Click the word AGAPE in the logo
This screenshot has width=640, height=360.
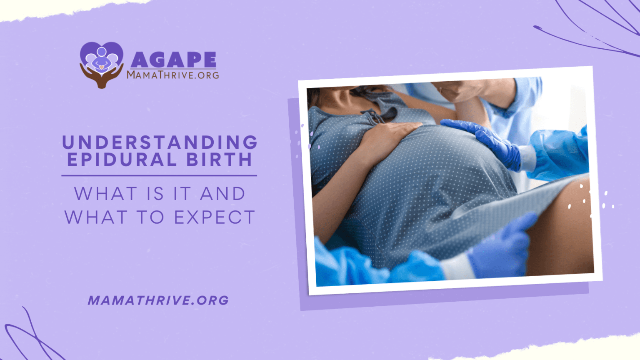[x=173, y=60]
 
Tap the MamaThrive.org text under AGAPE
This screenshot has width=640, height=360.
[x=172, y=75]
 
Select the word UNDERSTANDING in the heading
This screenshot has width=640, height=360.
[x=160, y=142]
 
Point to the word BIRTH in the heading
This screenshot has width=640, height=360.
[x=219, y=160]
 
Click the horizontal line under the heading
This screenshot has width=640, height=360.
[x=159, y=176]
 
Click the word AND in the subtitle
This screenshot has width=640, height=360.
[x=222, y=194]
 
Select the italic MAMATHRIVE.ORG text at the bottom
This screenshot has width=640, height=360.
[x=158, y=300]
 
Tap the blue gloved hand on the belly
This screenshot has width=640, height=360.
[x=483, y=137]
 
